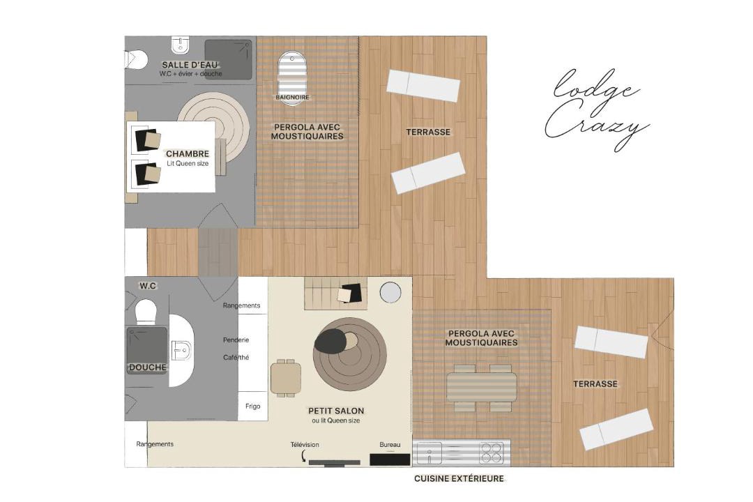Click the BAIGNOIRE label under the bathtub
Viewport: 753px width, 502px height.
pyautogui.click(x=292, y=98)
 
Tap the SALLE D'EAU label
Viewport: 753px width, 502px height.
pyautogui.click(x=190, y=65)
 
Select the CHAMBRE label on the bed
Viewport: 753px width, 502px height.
pyautogui.click(x=188, y=153)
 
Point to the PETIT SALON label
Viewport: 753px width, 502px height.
pyautogui.click(x=336, y=411)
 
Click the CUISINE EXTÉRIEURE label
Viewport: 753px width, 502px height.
pyautogui.click(x=459, y=478)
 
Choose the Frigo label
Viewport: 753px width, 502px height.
pyautogui.click(x=252, y=406)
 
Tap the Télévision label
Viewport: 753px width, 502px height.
pyautogui.click(x=305, y=445)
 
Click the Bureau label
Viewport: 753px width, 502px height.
pyautogui.click(x=390, y=445)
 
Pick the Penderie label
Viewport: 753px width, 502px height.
pyautogui.click(x=236, y=340)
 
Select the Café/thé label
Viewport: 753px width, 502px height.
pyautogui.click(x=236, y=358)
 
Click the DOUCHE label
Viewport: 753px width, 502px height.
pyautogui.click(x=148, y=367)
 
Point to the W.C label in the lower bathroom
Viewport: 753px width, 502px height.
pyautogui.click(x=148, y=286)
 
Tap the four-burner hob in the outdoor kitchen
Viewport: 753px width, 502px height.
pyautogui.click(x=492, y=452)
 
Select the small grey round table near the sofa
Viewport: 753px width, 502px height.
pyautogui.click(x=390, y=292)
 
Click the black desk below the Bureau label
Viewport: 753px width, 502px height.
pyautogui.click(x=390, y=459)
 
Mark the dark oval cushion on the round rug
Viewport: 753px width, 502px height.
pyautogui.click(x=330, y=341)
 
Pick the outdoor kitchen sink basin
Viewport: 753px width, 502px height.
pyautogui.click(x=428, y=452)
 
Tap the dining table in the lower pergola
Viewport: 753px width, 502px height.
pyautogui.click(x=482, y=387)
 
